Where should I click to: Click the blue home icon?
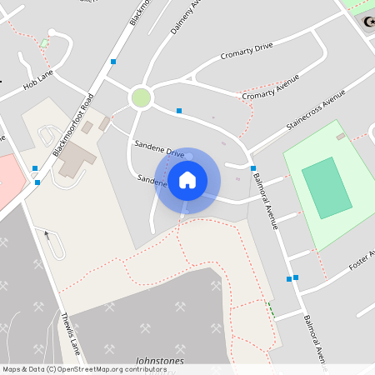(x=187, y=180)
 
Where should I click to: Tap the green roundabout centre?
(x=141, y=98)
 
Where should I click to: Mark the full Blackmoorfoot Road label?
(x=74, y=125)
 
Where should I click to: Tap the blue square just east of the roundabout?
(x=179, y=110)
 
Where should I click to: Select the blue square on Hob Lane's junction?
(x=113, y=62)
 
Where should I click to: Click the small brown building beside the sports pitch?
(x=340, y=136)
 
